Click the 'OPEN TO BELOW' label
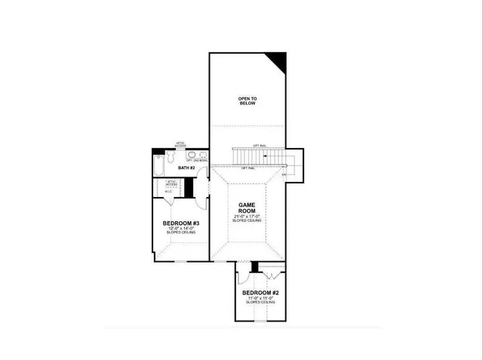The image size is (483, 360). tap(247, 101)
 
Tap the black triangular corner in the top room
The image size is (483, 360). tap(278, 61)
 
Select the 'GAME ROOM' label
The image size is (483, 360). tap(248, 208)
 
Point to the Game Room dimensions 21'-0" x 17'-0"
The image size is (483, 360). tap(248, 217)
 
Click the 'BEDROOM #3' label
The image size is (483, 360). tap(181, 224)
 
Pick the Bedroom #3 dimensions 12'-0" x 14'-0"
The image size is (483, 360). tap(181, 230)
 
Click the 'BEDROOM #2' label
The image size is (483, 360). tap(260, 292)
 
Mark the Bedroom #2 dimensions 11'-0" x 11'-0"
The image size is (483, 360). tap(260, 298)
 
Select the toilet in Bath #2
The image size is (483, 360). tap(171, 158)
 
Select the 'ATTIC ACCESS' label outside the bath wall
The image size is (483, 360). tap(180, 143)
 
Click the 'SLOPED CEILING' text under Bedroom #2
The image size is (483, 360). tap(260, 303)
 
